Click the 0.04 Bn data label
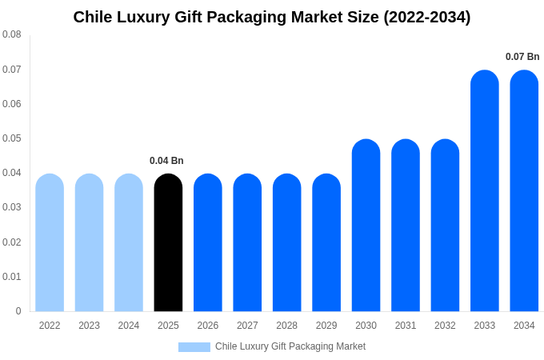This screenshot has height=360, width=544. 166,161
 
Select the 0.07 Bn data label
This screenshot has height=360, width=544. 522,57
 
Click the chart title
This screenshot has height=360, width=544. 272,17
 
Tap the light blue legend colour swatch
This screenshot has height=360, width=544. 194,347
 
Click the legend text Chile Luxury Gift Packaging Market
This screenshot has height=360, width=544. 290,346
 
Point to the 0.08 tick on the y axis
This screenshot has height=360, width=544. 12,34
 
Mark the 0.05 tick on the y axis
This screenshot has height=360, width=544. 12,138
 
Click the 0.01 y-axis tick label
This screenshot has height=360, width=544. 12,277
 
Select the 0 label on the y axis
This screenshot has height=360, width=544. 18,311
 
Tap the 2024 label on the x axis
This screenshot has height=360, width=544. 129,326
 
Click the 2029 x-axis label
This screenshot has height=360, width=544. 326,326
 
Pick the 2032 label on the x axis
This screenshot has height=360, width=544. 445,326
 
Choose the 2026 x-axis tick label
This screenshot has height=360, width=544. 208,326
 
